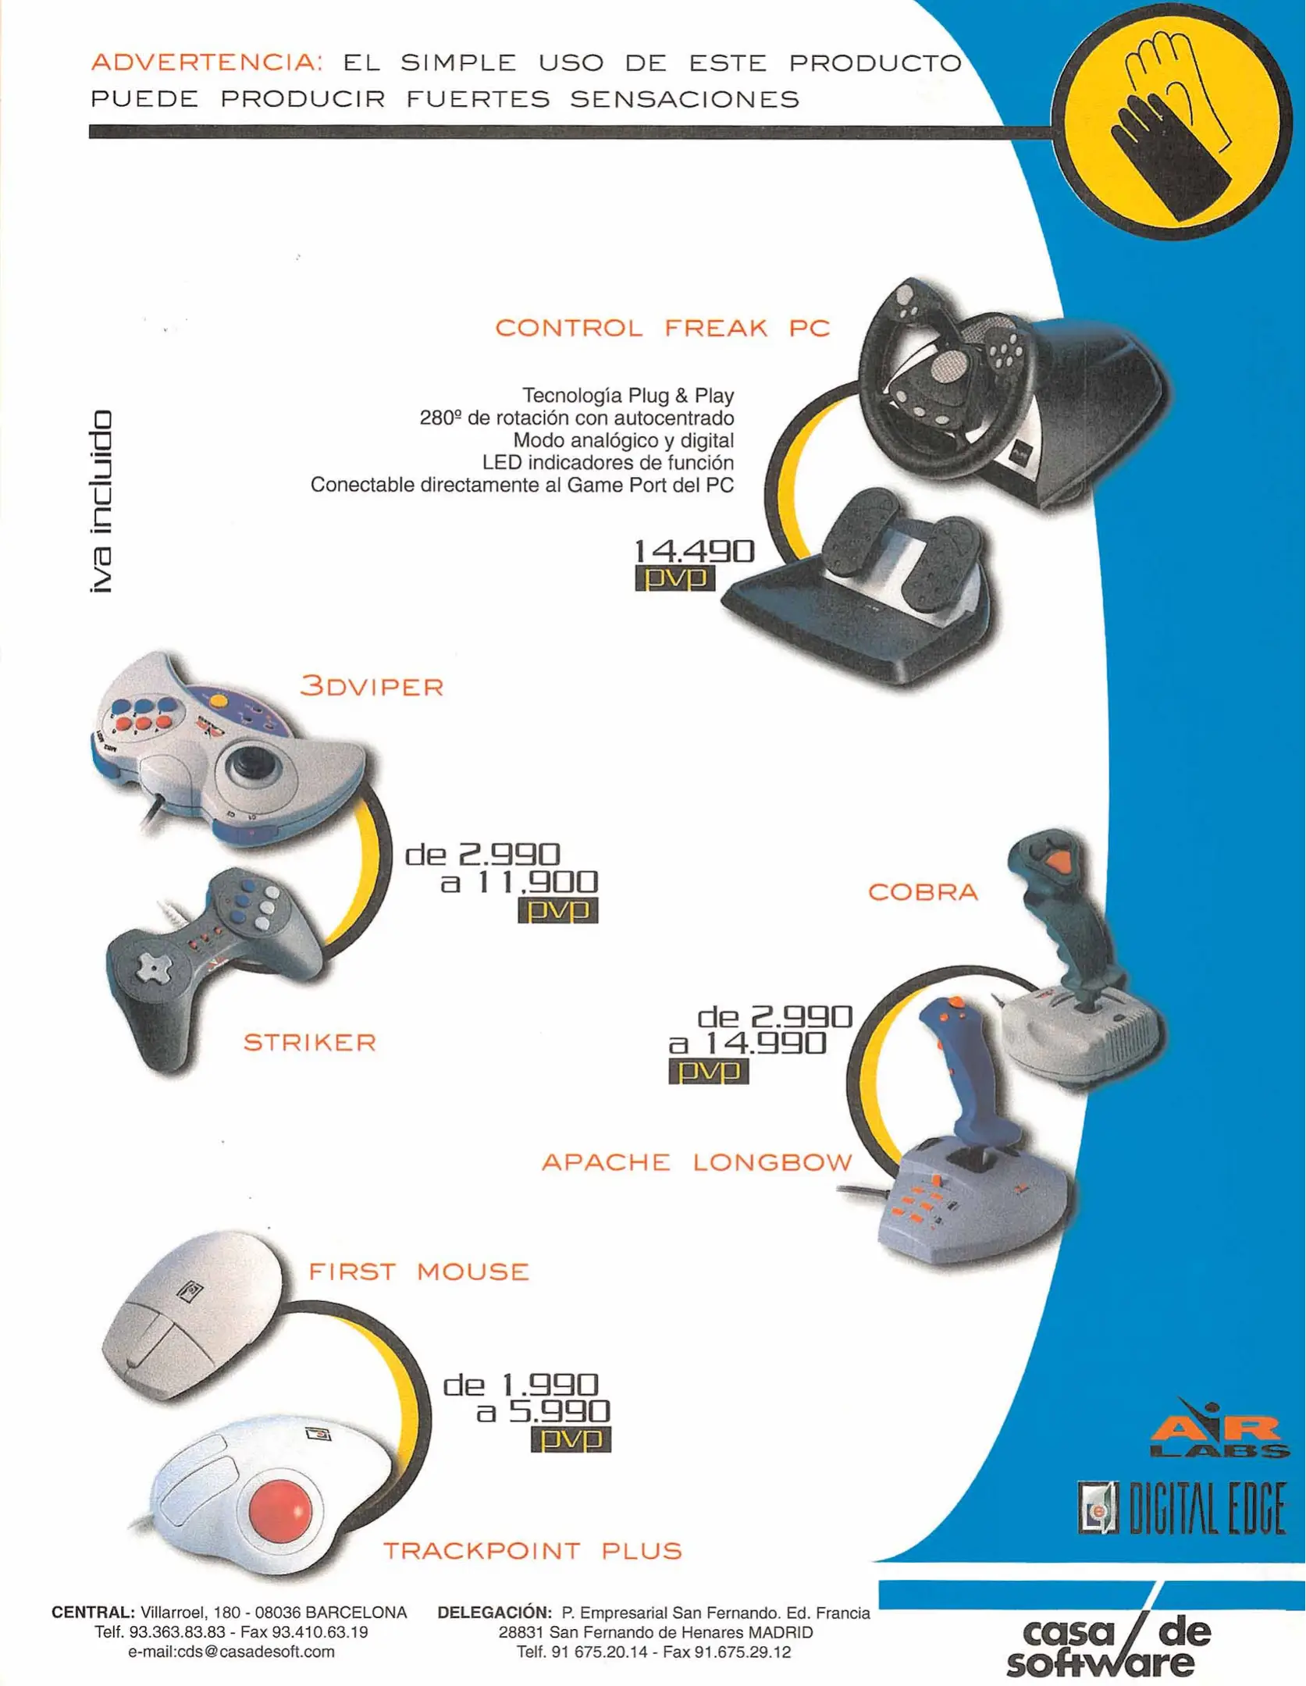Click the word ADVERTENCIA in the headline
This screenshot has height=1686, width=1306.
(x=207, y=62)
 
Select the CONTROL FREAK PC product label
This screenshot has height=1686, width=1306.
(x=663, y=328)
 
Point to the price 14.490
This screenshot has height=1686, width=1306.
(x=694, y=551)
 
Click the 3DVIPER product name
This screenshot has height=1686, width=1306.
(x=372, y=686)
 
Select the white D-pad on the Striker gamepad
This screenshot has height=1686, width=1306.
(x=152, y=969)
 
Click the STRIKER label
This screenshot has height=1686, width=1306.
(x=310, y=1042)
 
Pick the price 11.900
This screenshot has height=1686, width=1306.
(x=538, y=882)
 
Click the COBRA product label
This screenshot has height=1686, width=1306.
(x=923, y=891)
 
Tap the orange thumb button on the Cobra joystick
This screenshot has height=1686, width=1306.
(x=1057, y=862)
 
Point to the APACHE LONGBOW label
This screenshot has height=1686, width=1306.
(x=697, y=1162)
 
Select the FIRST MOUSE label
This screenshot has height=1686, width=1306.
(x=419, y=1272)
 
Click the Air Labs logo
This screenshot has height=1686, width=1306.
(x=1219, y=1428)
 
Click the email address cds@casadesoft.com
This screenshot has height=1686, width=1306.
(x=231, y=1652)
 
